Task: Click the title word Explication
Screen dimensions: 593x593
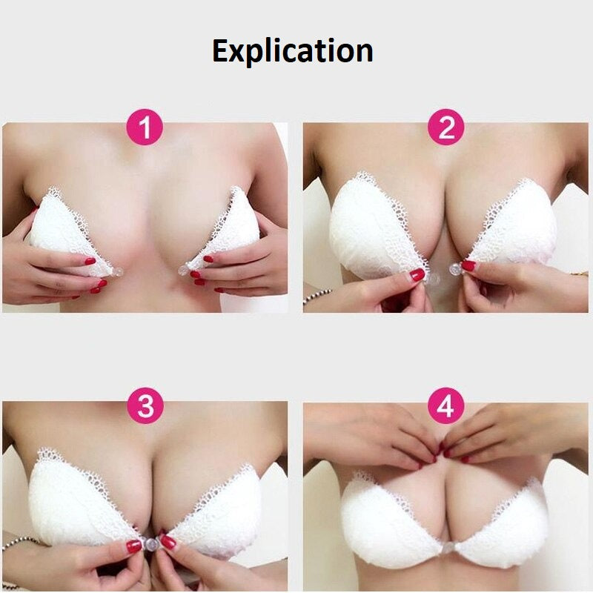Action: [292, 51]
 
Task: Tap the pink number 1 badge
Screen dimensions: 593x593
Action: [145, 128]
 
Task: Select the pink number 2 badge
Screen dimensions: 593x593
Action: [445, 128]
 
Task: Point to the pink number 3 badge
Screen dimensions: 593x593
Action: [145, 406]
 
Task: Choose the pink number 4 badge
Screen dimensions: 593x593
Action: [445, 406]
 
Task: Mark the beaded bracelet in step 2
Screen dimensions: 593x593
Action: [315, 298]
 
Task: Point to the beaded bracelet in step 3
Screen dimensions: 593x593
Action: [15, 545]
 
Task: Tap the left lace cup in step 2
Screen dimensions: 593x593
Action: [367, 226]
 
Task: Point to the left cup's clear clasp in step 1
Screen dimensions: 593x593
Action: [116, 273]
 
